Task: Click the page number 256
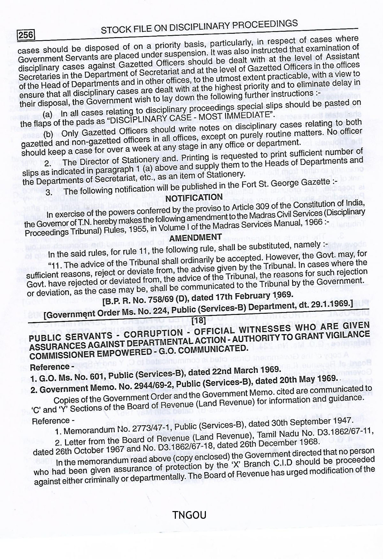click(x=26, y=34)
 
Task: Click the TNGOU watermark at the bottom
click(x=189, y=515)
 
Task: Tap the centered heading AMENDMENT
click(x=195, y=238)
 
